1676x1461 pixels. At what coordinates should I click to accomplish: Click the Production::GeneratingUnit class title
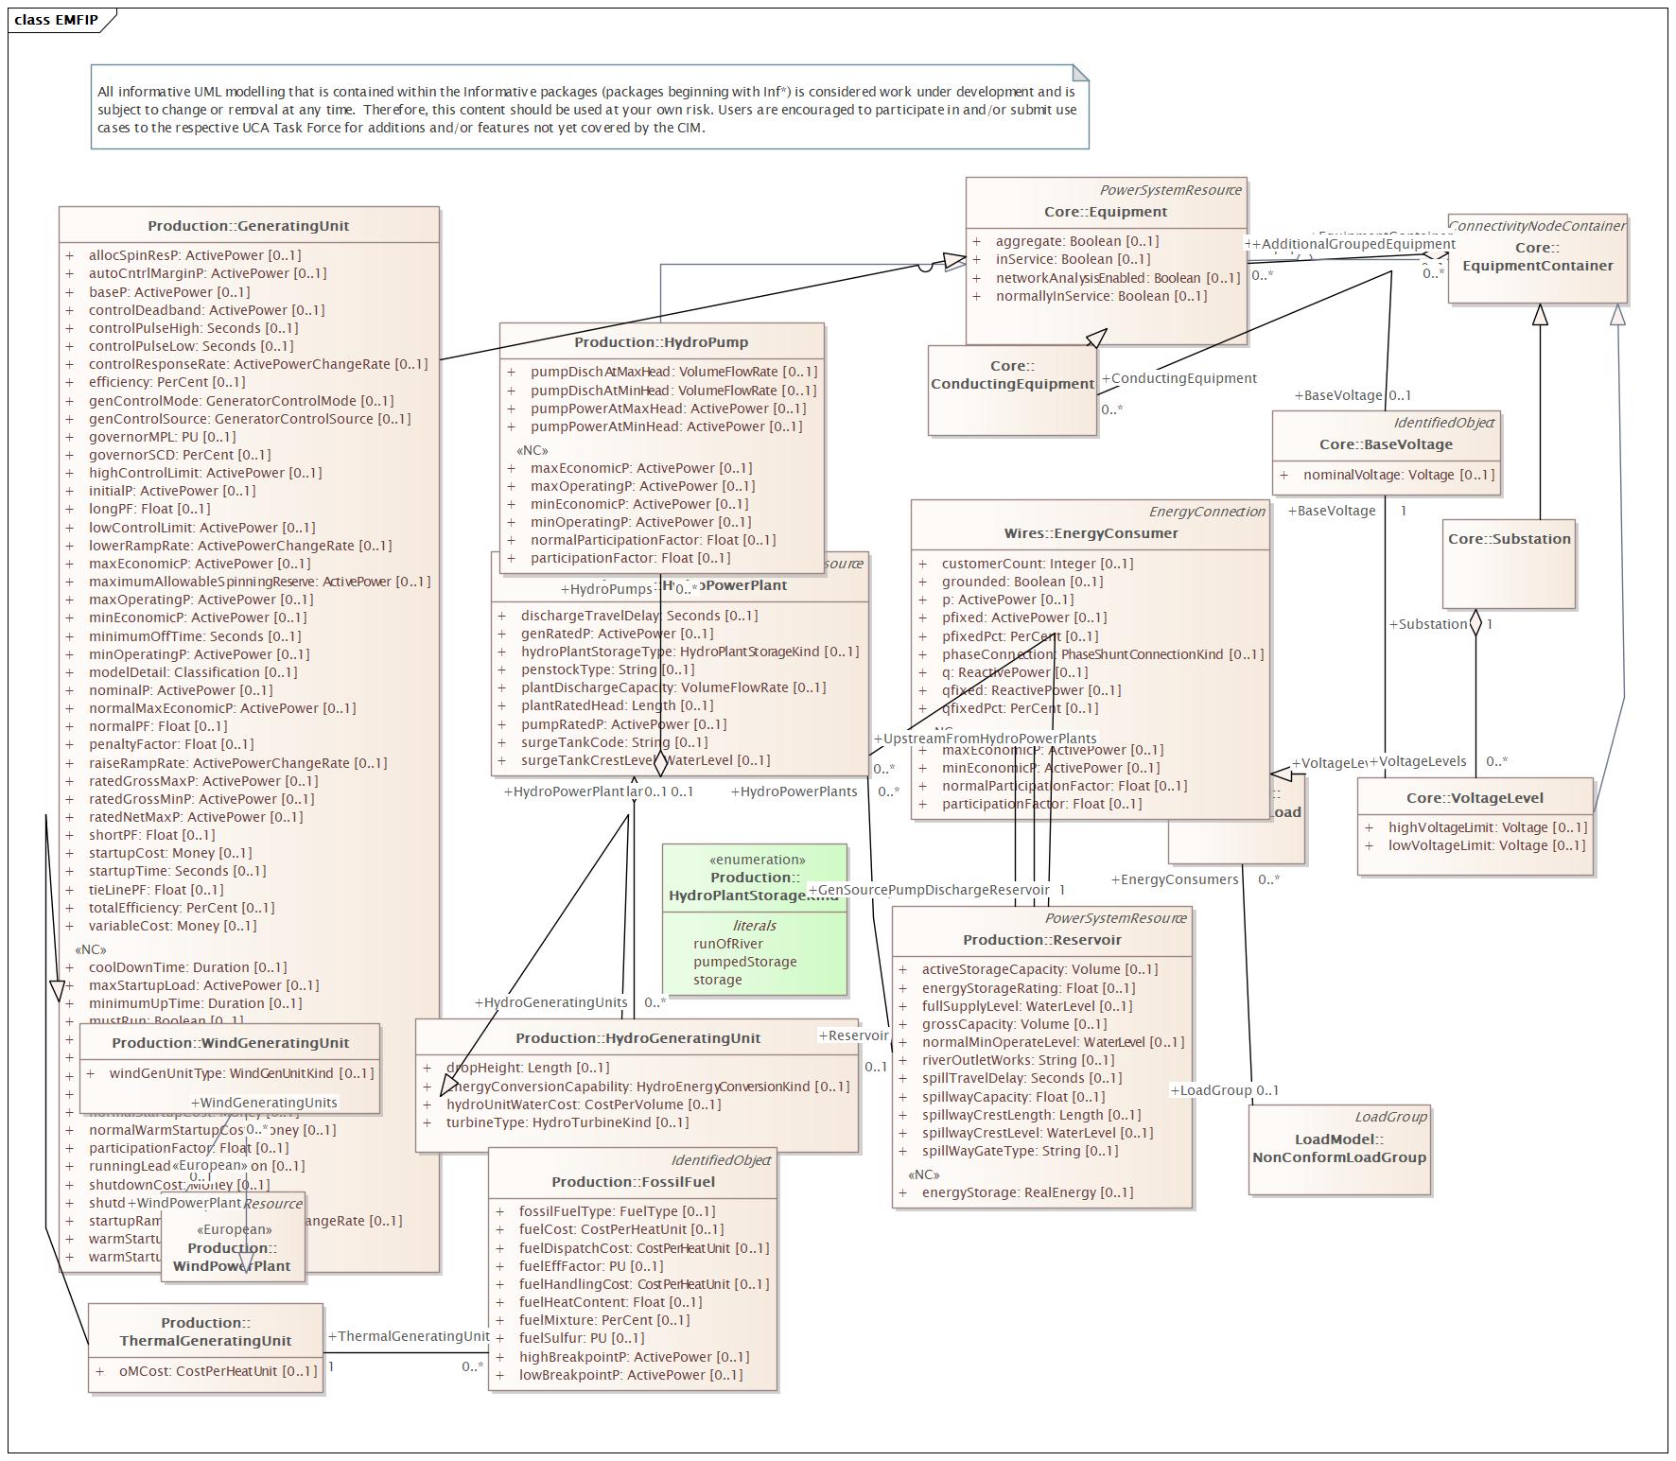248,226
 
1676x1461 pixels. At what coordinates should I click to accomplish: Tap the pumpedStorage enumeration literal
744,962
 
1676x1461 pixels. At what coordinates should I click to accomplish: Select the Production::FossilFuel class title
633,1182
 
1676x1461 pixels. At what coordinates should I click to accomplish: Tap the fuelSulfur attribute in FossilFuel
581,1338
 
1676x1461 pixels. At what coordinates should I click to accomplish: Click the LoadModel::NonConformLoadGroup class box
1338,1149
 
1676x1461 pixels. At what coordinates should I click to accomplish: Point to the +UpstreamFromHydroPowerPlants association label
985,739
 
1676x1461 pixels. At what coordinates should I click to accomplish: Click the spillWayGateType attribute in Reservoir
1020,1151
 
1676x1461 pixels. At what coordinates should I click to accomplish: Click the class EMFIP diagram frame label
57,20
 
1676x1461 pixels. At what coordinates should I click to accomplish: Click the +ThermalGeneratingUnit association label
409,1336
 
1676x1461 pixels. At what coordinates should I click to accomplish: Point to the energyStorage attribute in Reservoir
1026,1192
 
